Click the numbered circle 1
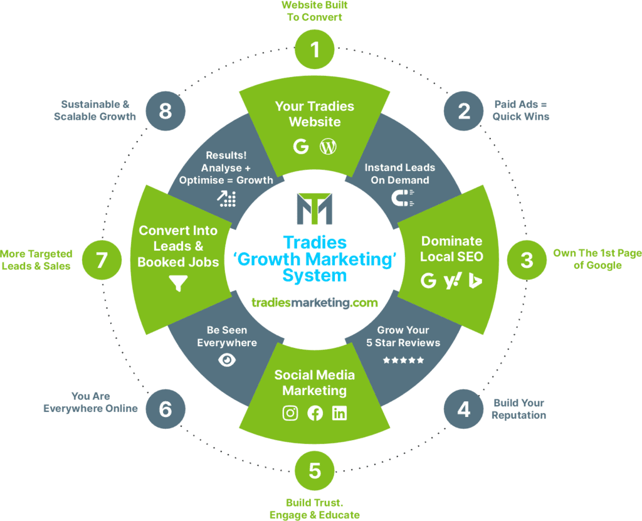click(315, 50)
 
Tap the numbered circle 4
click(463, 409)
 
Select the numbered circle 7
click(102, 260)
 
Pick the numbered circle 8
click(166, 111)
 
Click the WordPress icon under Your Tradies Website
click(328, 147)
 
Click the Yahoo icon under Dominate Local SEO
click(451, 281)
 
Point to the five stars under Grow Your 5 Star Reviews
click(403, 360)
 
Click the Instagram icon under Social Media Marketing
click(290, 414)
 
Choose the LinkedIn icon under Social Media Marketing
click(339, 414)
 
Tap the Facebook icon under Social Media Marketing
click(315, 414)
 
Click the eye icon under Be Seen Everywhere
click(227, 360)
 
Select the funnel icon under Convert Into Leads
click(178, 284)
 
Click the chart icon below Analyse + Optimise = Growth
click(227, 199)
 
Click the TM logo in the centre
click(315, 209)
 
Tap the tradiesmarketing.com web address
click(315, 303)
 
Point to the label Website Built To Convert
click(315, 11)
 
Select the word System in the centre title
click(315, 276)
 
